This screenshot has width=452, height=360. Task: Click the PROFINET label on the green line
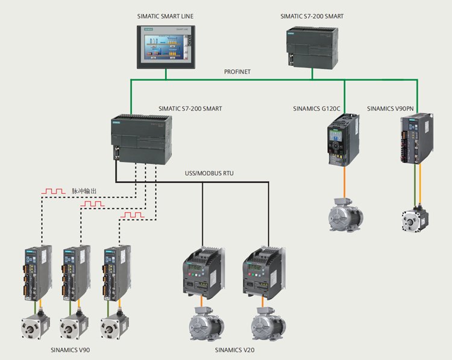pyautogui.click(x=239, y=72)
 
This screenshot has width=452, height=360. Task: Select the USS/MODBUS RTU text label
pyautogui.click(x=209, y=173)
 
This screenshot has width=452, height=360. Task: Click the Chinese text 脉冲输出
pyautogui.click(x=84, y=191)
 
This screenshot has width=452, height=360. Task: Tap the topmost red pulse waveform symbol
pyautogui.click(x=53, y=191)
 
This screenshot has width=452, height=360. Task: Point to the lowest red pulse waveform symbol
pyautogui.click(x=132, y=214)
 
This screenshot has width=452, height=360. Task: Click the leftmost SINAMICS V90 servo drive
pyautogui.click(x=35, y=274)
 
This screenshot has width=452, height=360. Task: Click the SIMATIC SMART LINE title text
pyautogui.click(x=165, y=16)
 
